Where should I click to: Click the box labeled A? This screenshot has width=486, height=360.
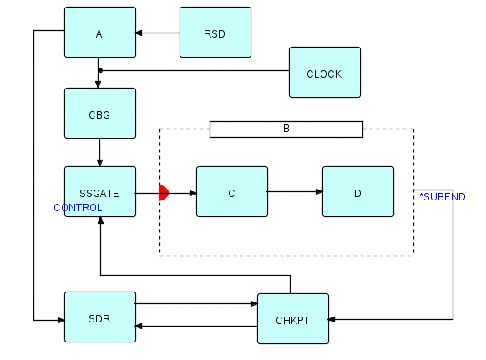[x=100, y=33]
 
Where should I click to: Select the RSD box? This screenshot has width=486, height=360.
[x=215, y=33]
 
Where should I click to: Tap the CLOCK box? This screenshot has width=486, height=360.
[x=325, y=72]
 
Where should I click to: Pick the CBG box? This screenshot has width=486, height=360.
[x=100, y=113]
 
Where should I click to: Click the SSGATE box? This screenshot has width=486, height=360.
[x=100, y=191]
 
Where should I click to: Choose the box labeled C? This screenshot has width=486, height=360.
[x=232, y=191]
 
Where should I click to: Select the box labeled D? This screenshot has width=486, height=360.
[x=358, y=191]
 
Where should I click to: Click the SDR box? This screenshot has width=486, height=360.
[x=100, y=317]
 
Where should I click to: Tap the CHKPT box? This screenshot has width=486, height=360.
[x=293, y=319]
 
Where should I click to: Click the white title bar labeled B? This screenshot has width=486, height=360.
[x=286, y=129]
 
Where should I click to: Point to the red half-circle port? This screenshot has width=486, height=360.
[x=164, y=193]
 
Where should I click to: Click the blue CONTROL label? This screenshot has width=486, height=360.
[x=78, y=208]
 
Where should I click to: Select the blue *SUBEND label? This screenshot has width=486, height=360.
[x=443, y=197]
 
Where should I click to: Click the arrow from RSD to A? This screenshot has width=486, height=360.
[x=158, y=33]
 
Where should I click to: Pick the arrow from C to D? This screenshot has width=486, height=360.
[x=295, y=191]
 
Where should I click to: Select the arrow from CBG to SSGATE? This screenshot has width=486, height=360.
[x=100, y=153]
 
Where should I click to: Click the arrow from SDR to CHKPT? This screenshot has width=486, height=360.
[x=196, y=303]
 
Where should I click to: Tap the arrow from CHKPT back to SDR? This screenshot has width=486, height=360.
[x=196, y=327]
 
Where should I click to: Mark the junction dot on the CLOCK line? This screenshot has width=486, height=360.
[x=100, y=71]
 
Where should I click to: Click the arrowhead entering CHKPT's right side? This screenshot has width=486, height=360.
[x=332, y=319]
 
